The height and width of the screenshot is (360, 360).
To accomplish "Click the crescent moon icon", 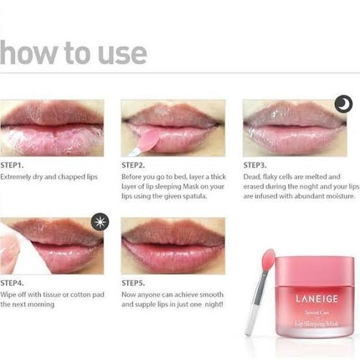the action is pos(344,103).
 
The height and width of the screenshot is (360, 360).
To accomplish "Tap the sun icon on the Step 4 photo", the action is pos(100,222).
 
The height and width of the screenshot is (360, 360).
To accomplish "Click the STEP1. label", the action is pos(12,165).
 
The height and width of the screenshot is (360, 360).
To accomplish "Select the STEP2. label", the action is pos(133,165).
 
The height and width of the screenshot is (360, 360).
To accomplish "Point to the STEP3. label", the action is pos(255,165).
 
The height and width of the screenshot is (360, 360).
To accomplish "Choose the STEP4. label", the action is pos(12,283).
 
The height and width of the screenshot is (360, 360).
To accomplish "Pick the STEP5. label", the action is pos(133,283).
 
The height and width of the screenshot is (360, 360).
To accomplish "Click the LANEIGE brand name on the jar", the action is pos(316,299).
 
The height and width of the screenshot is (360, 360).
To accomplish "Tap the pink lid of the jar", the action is pos(315,272).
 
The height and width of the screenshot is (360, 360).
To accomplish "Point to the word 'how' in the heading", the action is pos(28,53).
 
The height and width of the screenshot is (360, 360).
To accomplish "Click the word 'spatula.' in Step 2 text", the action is pos(195,196).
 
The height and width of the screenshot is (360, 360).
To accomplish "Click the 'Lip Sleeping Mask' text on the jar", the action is pos(316,324).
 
